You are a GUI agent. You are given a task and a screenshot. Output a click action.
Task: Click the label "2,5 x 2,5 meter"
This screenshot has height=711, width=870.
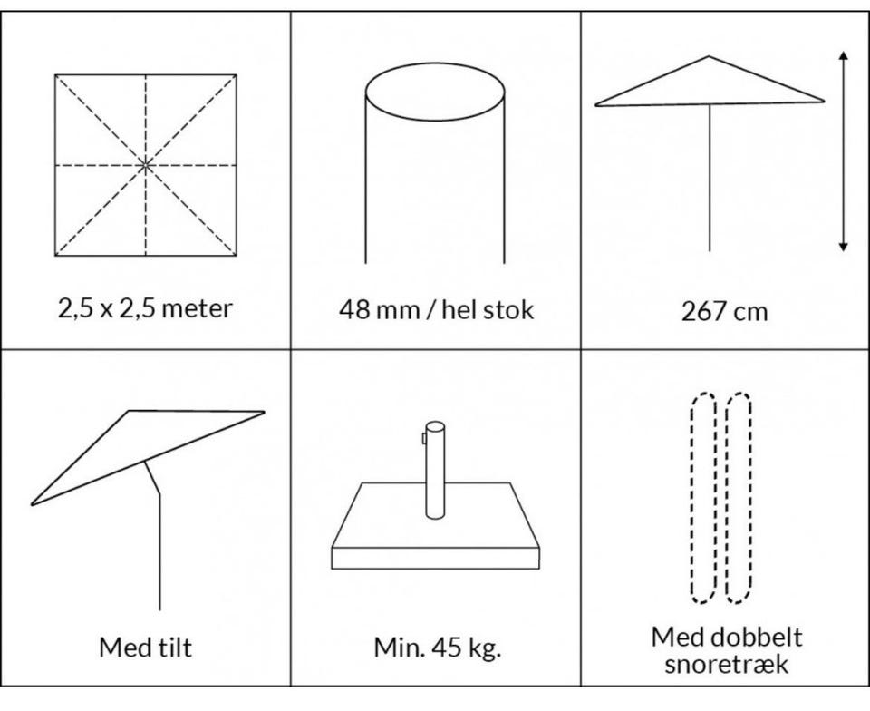145,308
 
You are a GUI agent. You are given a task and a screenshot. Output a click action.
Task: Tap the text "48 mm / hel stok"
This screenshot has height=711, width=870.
436,309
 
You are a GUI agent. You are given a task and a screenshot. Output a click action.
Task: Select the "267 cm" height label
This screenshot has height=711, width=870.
724,311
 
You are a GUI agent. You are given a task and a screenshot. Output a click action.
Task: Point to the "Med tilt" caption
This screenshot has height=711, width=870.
145,648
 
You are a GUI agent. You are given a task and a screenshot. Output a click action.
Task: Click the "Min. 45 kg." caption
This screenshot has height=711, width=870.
437,648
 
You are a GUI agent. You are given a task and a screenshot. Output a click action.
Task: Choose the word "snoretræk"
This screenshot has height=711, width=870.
726,664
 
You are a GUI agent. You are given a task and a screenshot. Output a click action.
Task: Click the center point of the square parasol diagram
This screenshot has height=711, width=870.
145,165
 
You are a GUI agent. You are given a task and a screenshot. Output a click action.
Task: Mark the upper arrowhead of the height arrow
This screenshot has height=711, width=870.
844,55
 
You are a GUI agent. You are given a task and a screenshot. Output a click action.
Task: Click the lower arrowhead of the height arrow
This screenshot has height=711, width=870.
844,247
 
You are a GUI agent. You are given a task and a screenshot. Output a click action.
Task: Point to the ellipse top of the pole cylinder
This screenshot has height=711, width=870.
435,91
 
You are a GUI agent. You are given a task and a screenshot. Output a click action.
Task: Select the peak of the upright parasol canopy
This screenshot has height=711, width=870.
709,56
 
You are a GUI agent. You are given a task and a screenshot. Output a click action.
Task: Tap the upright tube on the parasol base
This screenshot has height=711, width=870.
436,470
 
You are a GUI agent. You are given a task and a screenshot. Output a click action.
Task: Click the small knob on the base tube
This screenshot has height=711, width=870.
424,438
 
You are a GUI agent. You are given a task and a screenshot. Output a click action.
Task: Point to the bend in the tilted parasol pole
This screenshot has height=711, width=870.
159,494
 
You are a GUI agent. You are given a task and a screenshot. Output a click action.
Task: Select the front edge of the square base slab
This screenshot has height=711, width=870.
436,559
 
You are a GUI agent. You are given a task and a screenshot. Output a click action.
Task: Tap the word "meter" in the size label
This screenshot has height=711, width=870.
198,308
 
